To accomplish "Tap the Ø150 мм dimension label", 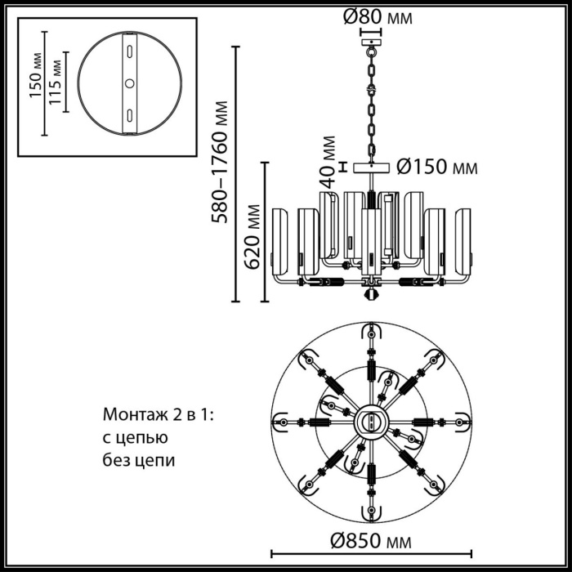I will point(436,168).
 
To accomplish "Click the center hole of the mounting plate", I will point(129,83).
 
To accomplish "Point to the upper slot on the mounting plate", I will point(129,52).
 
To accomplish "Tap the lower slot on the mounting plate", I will point(129,114).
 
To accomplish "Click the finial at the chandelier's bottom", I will point(371,292).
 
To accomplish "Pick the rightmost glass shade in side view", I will point(463,237).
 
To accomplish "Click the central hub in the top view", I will point(372,423).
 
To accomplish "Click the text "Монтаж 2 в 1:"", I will point(158,415).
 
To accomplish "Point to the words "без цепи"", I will point(139,460).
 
